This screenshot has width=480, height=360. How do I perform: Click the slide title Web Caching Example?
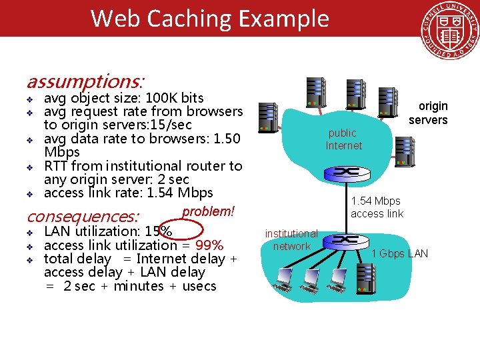(209, 18)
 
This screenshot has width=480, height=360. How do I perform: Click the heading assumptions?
(84, 82)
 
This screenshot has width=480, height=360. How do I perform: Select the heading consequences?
(82, 217)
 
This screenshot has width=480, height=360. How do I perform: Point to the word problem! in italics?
(208, 211)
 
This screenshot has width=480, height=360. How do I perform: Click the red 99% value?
(209, 245)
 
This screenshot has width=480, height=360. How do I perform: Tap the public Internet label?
(344, 139)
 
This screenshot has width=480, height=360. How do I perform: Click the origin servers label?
(429, 113)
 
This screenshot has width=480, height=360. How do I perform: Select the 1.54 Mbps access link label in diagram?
(377, 207)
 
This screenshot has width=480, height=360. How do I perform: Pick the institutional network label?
(291, 240)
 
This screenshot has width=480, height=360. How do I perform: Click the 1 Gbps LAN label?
(399, 253)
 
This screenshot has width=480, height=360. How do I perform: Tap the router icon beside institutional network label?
(349, 239)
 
